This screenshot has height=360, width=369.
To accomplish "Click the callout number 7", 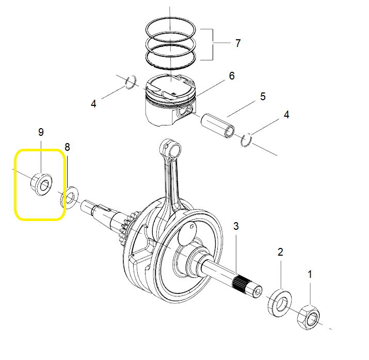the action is pos(238,43).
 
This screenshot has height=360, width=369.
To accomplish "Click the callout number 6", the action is pos(232,76).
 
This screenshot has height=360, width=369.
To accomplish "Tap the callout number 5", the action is pos(263,97).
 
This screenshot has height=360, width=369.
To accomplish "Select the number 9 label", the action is pos(41,132).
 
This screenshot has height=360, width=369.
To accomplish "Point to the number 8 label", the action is pos(67,147).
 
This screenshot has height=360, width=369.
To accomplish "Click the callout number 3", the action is pos(236,226).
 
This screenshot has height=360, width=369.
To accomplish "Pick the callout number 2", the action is pos(280,252).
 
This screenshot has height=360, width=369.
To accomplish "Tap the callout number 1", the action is pos(310,274).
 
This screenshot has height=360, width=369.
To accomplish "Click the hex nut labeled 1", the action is pos(309,317).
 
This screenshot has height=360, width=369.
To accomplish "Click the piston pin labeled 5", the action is pos(218,126).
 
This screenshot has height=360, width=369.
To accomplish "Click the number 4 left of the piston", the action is pos(93,104).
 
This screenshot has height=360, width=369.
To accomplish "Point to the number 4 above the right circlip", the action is pos(286,115).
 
